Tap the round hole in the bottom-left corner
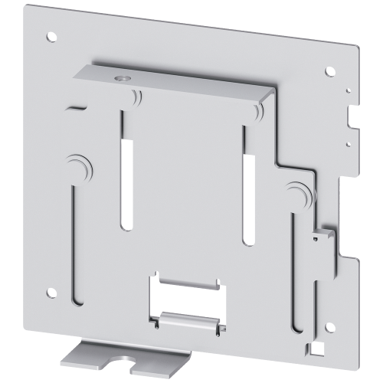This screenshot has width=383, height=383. coord(52,291)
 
